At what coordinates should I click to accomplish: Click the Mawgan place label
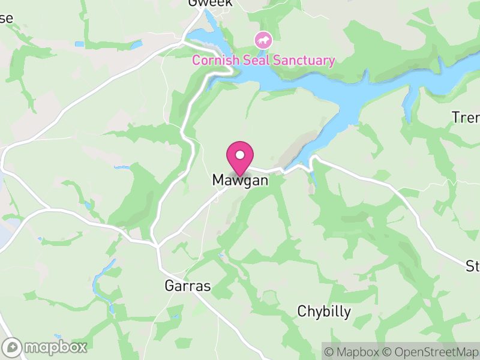coord(239,180)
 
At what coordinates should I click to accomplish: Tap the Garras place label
coord(188,286)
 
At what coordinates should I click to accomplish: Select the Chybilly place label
coord(324,312)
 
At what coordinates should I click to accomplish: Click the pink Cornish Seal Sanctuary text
coord(263,60)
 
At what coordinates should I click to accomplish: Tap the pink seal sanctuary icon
coord(263,41)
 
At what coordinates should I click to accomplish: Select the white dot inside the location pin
coord(240,155)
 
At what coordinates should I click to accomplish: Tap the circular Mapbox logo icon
coord(13,347)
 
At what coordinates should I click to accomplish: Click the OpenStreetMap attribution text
coord(431,352)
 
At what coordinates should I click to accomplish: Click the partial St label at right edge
coord(473,265)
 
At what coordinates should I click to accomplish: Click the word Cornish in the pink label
coord(213,60)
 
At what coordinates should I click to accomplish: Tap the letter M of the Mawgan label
coord(218,180)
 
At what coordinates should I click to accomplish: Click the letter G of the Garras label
coord(169,286)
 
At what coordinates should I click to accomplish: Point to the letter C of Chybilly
coord(302,312)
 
